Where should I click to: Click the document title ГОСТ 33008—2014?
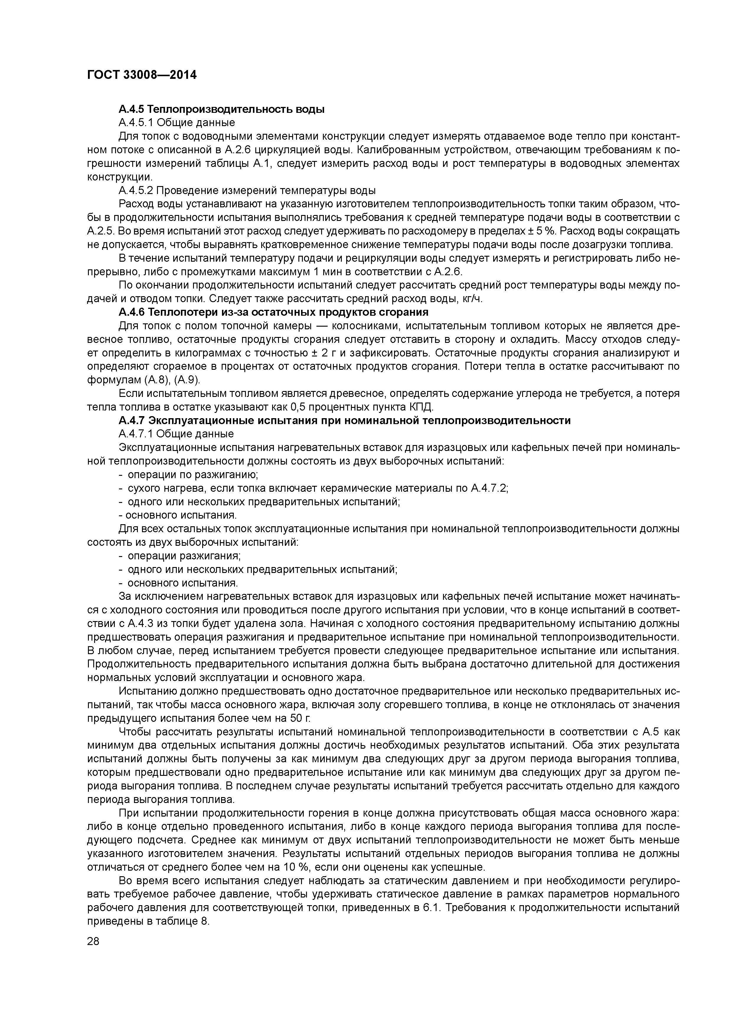point(142,75)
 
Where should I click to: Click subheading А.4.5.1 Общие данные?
point(176,123)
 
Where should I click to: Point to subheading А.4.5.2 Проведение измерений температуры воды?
point(247,190)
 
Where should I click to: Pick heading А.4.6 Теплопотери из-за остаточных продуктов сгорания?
point(273,312)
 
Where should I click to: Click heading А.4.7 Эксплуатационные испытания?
point(344,421)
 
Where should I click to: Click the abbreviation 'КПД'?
point(421,407)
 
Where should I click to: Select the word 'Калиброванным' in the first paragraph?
point(390,150)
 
